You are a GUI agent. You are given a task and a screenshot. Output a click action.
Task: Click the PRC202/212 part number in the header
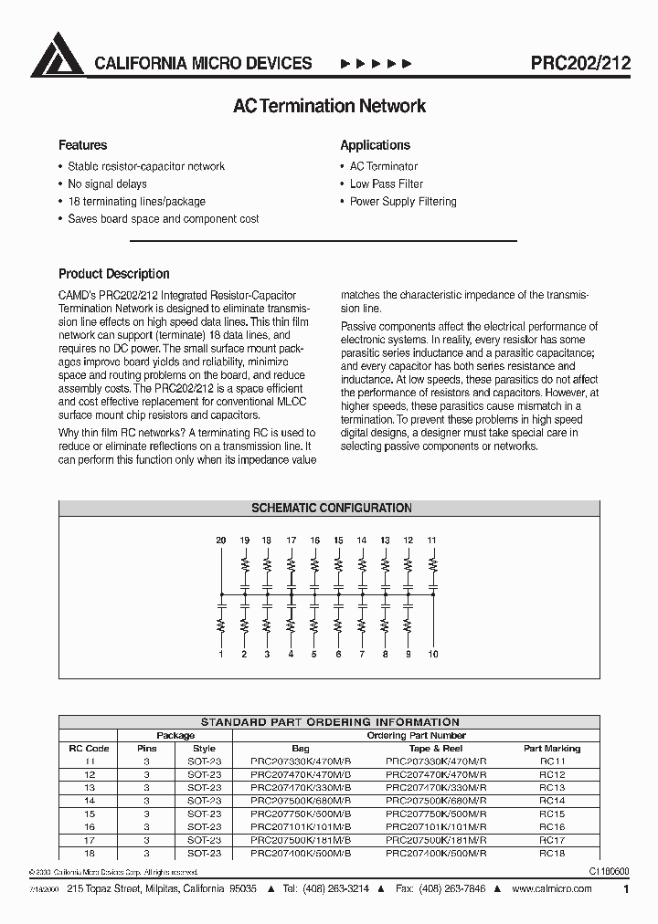pos(580,64)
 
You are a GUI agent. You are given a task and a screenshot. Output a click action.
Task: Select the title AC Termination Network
pos(329,106)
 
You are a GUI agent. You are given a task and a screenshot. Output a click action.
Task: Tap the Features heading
pos(82,145)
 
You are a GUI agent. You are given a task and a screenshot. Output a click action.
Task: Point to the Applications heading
pos(375,145)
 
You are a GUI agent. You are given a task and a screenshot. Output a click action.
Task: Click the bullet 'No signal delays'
pos(107,184)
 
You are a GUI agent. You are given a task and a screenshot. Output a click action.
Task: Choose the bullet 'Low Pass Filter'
pos(386,184)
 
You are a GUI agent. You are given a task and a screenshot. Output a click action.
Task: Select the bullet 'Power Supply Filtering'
pos(403,201)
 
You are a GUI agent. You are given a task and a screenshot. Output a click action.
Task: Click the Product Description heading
pos(114,274)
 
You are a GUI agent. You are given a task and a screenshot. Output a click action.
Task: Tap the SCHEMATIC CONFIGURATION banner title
pos(332,508)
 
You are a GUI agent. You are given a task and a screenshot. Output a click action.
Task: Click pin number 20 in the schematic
pos(221,541)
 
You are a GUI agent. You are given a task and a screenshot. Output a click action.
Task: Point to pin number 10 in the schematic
pos(433,654)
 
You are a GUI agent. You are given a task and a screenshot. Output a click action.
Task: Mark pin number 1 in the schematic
pos(221,654)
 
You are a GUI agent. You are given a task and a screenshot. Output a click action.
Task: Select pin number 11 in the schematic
pos(432,541)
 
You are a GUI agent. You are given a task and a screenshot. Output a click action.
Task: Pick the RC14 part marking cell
pos(551,800)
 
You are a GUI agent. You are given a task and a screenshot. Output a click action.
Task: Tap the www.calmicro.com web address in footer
pos(551,889)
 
